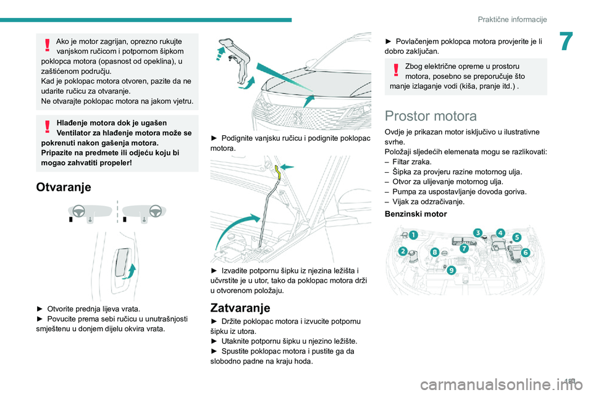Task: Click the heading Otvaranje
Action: coord(64,187)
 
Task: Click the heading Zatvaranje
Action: coord(240,308)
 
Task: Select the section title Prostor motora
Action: coord(431,116)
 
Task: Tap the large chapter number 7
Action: coord(566,41)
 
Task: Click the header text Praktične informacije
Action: coord(512,19)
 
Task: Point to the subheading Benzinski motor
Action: coord(416,214)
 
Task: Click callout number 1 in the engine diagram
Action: coord(413,235)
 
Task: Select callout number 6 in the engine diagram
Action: coord(525,252)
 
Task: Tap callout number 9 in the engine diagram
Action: coord(451,270)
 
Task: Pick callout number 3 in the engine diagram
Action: coord(478,233)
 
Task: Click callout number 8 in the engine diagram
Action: coord(435,252)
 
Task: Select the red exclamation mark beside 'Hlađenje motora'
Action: coord(48,127)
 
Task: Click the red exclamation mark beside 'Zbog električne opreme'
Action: coord(396,70)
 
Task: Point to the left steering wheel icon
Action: coord(78,210)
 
